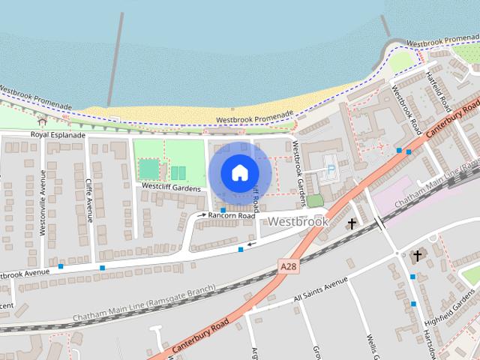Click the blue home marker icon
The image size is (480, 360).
(239, 172)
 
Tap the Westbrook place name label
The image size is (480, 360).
(298, 222)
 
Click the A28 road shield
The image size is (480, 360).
(287, 266)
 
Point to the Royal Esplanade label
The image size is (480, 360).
(55, 134)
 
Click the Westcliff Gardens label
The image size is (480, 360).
(171, 186)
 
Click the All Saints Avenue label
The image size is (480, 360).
(321, 289)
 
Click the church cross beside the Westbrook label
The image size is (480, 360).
(351, 223)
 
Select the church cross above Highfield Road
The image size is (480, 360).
(418, 256)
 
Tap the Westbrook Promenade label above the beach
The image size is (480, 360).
(254, 118)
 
